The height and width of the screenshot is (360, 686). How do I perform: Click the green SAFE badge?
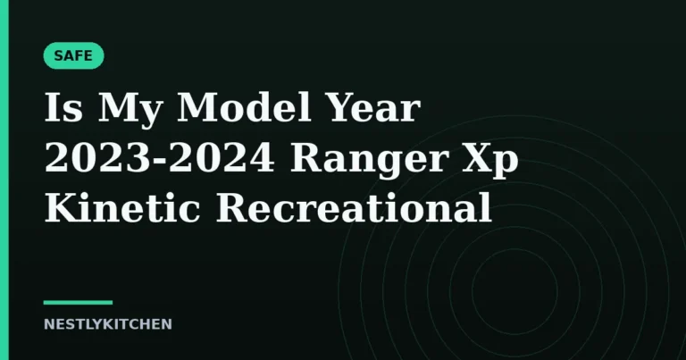coord(73,55)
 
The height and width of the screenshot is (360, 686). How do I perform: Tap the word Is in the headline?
coord(63,107)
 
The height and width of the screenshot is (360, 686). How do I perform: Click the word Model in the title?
coord(244,106)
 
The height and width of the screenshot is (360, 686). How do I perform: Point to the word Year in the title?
coord(373,106)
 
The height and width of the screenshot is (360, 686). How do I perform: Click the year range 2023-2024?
coord(160,157)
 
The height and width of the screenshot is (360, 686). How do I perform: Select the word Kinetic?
coord(122,207)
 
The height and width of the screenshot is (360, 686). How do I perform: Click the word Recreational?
coord(354,207)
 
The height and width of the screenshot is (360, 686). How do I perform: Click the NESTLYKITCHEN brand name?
coord(107,324)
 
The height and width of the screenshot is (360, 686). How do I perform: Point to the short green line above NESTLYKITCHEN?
coord(78,302)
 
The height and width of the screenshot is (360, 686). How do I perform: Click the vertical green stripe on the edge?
coord(4,180)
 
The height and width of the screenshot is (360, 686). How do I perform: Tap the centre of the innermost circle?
coord(514,291)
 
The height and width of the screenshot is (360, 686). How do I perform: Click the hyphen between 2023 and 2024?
coord(161,161)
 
